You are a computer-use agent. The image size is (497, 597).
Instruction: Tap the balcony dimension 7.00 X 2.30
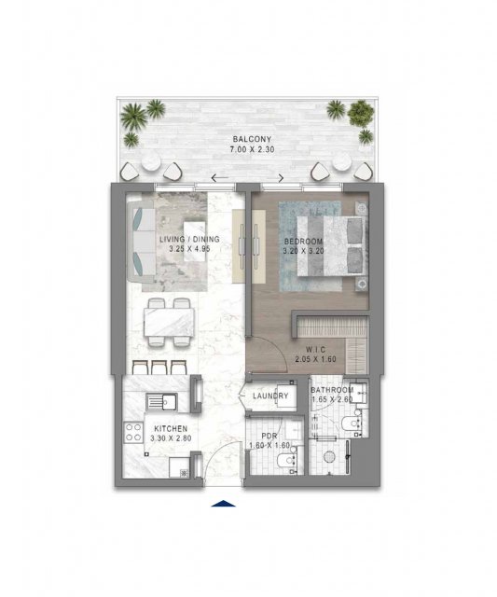click(252, 149)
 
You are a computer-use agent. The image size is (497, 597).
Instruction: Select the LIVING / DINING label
click(189, 240)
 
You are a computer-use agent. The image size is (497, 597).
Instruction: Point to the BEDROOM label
click(303, 242)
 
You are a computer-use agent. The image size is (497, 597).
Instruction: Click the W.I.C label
click(315, 350)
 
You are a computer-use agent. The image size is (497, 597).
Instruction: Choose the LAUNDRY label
click(270, 396)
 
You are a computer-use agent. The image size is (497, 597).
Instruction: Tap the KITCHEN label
click(171, 429)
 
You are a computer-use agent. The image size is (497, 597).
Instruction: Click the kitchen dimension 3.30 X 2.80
click(171, 438)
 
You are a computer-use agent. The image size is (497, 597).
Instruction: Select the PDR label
click(269, 436)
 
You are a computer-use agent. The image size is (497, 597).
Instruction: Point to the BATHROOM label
click(332, 390)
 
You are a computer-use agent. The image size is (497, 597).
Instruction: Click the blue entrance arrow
click(224, 504)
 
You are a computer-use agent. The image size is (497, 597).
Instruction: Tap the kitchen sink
click(161, 402)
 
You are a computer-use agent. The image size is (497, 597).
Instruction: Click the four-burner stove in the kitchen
click(132, 433)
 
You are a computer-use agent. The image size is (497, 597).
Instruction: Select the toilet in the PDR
click(287, 461)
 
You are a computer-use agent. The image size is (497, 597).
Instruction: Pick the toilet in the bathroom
click(352, 423)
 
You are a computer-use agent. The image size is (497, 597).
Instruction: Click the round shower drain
click(328, 456)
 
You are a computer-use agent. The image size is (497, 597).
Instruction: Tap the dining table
click(169, 322)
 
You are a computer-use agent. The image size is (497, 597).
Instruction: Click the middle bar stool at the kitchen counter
click(159, 367)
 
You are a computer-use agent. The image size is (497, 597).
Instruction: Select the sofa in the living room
click(141, 242)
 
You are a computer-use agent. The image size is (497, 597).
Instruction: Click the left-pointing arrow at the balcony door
click(219, 178)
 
